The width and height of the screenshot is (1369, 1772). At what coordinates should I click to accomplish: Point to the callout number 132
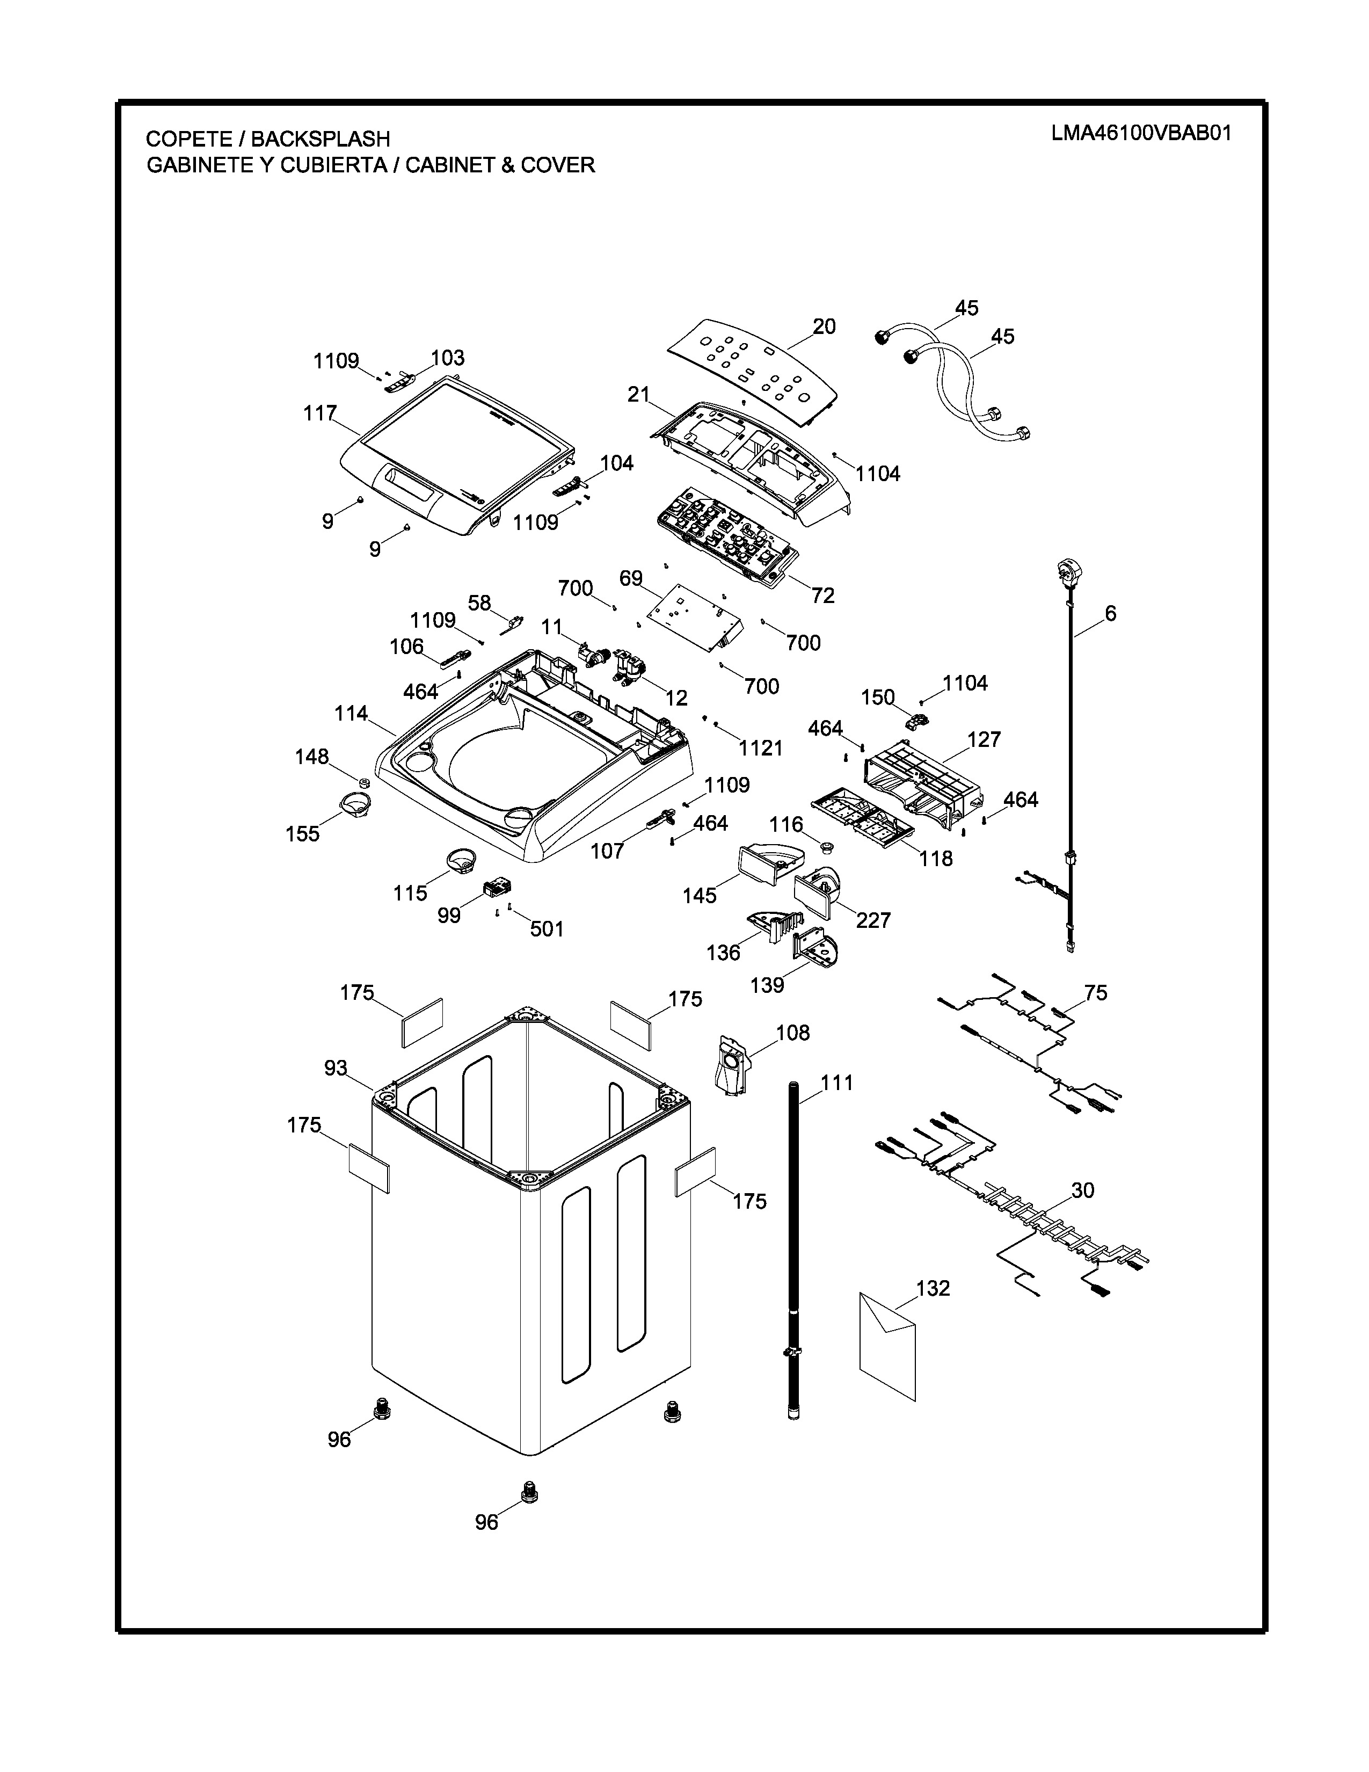tap(933, 1288)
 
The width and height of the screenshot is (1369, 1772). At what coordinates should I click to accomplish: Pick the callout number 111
tap(837, 1083)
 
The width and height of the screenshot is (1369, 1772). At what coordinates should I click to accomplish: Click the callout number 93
tap(336, 1069)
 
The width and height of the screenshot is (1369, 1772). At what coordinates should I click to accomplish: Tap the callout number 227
tap(873, 920)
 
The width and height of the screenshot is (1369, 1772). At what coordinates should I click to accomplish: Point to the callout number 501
tap(547, 929)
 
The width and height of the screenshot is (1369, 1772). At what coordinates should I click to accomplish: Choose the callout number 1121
tap(761, 748)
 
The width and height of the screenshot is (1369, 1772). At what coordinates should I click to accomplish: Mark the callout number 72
tap(822, 595)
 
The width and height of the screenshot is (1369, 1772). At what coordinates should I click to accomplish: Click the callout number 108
tap(792, 1033)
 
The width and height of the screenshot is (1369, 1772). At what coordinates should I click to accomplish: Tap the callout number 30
tap(1083, 1190)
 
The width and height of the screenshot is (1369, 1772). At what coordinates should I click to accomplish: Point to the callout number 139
tap(767, 985)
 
